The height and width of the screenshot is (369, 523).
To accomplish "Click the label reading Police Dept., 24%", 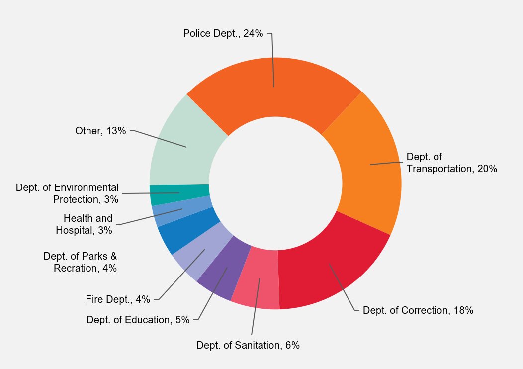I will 223,34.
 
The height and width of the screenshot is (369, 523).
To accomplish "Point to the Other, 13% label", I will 100,131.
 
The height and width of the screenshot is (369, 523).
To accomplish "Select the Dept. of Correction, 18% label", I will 418,311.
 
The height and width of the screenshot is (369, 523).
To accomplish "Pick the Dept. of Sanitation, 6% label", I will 248,345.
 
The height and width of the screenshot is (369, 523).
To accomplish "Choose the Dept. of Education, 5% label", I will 138,320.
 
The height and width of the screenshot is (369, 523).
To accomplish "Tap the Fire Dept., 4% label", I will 118,299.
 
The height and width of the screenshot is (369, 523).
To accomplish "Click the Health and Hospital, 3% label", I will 85,224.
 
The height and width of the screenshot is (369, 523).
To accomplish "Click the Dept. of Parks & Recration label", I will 81,262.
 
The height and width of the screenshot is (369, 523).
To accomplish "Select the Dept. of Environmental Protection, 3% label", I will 68,193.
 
